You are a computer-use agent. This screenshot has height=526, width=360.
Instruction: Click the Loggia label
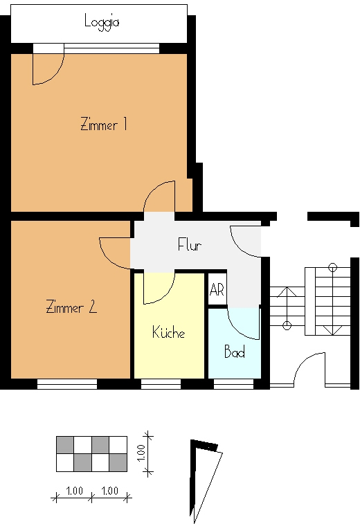[x=102, y=22]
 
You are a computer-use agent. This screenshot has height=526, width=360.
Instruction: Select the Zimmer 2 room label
[x=71, y=307]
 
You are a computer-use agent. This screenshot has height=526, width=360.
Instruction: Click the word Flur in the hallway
[x=190, y=244]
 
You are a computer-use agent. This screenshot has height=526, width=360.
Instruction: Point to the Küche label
[x=168, y=332]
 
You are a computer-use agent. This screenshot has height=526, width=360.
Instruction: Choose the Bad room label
[x=235, y=351]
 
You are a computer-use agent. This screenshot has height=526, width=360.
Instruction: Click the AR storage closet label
[x=217, y=289]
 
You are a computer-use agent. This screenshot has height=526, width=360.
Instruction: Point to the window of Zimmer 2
[x=67, y=384]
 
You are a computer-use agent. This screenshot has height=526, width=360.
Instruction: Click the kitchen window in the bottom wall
[x=161, y=384]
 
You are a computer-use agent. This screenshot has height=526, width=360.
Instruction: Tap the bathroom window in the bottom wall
[x=233, y=384]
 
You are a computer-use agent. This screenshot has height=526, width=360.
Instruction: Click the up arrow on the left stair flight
[x=287, y=307]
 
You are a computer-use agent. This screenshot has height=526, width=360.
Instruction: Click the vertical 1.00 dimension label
[x=141, y=453]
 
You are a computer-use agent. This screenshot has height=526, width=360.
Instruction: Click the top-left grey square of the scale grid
[x=65, y=445]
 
